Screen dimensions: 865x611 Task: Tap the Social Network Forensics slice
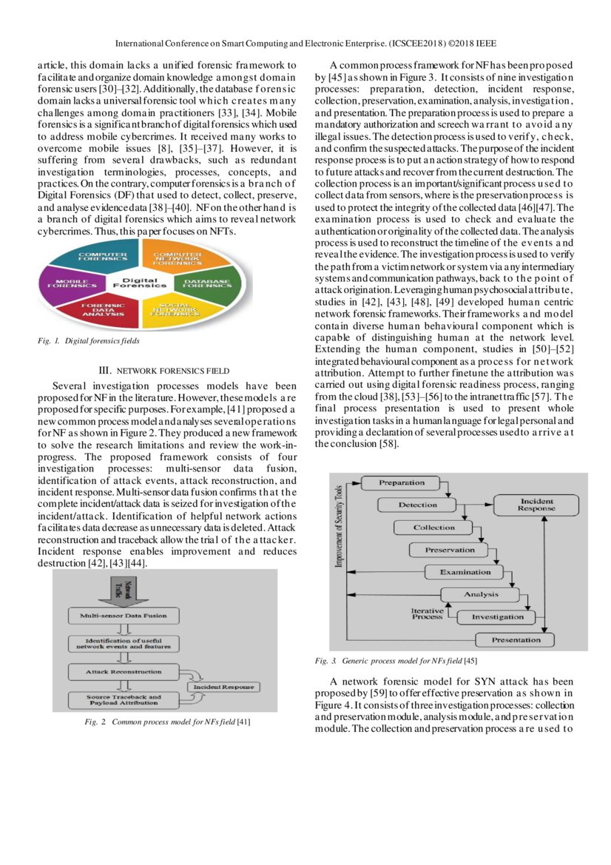click(x=170, y=309)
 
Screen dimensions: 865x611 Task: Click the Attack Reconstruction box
click(x=124, y=671)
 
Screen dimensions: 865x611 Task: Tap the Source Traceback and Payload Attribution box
click(x=123, y=699)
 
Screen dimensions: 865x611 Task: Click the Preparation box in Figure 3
click(x=402, y=483)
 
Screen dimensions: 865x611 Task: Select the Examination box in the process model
click(x=465, y=572)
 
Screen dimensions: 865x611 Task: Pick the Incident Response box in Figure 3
click(x=536, y=505)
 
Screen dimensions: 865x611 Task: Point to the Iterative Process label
click(x=427, y=613)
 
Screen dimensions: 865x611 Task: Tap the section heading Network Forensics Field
click(x=163, y=370)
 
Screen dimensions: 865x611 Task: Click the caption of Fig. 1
click(x=89, y=341)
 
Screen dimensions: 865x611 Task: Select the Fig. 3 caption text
click(x=396, y=660)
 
